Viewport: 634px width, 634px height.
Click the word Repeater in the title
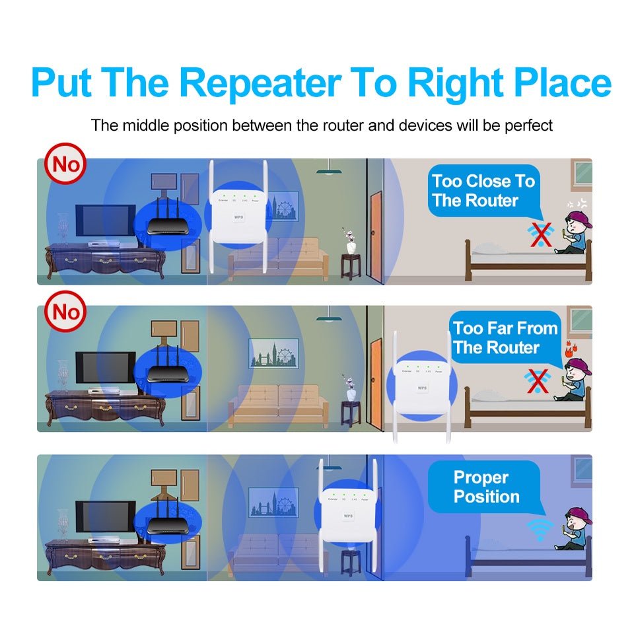click(x=260, y=83)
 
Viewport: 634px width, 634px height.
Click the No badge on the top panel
click(x=65, y=163)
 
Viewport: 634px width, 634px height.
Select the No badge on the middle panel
click(x=65, y=311)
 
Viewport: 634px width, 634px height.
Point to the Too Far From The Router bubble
click(x=505, y=338)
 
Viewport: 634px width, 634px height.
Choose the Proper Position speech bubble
click(x=486, y=487)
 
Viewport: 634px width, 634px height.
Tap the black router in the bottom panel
click(x=164, y=521)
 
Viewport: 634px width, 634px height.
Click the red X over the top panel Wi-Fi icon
click(x=542, y=233)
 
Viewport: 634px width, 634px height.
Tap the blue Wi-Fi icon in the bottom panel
click(x=540, y=529)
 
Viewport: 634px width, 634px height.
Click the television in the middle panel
click(x=105, y=369)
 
